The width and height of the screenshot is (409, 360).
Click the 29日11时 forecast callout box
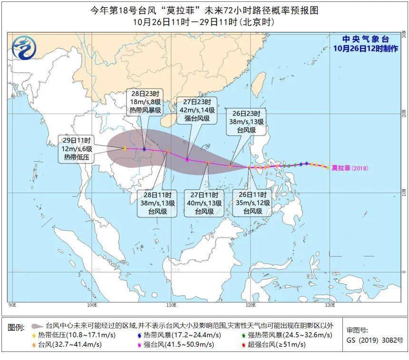[x=78, y=149]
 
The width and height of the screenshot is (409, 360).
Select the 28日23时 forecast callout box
[x=146, y=102]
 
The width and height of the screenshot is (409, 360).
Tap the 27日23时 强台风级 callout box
[x=197, y=110]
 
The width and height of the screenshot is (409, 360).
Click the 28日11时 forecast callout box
[x=156, y=203]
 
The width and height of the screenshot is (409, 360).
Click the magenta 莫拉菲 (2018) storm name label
[x=350, y=168]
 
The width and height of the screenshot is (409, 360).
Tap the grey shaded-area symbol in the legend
[x=37, y=327]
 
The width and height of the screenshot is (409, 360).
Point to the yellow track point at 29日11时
[x=124, y=149]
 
